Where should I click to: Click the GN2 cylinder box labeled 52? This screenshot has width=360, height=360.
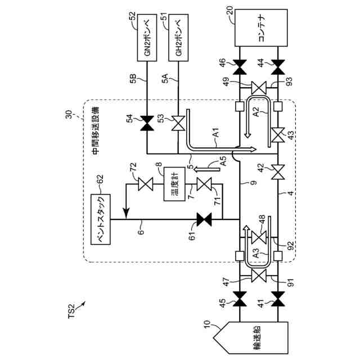(x=147, y=38)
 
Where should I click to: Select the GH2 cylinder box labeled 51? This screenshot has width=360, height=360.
(x=178, y=38)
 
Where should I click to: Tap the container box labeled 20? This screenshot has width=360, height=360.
(x=261, y=28)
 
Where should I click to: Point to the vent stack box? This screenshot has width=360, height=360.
(x=101, y=219)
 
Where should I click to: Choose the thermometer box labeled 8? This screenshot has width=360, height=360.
(x=174, y=184)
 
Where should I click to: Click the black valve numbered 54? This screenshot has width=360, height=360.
(x=147, y=123)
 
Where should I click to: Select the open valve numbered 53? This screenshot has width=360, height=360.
(x=178, y=123)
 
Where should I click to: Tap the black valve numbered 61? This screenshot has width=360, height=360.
(x=204, y=219)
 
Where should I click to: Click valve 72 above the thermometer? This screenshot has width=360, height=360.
(x=146, y=184)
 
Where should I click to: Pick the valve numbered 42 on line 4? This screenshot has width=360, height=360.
(x=278, y=172)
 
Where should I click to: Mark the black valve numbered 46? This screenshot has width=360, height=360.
(x=240, y=67)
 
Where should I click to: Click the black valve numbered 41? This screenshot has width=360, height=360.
(x=278, y=299)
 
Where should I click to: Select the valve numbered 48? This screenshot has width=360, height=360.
(x=259, y=237)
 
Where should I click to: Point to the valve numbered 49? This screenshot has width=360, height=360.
(x=259, y=88)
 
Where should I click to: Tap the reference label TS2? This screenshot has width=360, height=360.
(x=71, y=311)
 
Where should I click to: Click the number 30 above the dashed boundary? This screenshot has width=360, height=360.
(x=69, y=114)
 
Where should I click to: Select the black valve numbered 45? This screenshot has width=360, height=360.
(x=240, y=299)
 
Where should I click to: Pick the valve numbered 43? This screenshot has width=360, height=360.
(x=278, y=135)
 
